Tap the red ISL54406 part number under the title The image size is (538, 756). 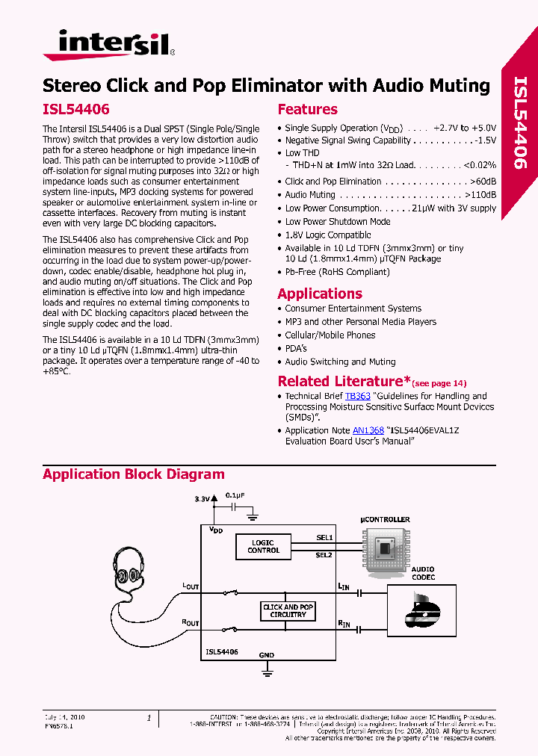(x=76, y=109)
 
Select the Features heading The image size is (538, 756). (x=307, y=109)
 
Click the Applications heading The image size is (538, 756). (x=320, y=294)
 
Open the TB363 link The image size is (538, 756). (x=357, y=396)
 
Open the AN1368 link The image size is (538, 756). (x=368, y=430)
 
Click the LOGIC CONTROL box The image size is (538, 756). (x=264, y=547)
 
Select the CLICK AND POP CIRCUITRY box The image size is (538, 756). (x=288, y=611)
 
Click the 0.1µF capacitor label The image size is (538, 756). (x=236, y=495)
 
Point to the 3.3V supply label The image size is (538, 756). (x=202, y=498)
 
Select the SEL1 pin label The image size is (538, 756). (x=324, y=537)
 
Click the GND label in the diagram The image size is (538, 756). (x=267, y=655)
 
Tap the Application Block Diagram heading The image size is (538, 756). (x=133, y=474)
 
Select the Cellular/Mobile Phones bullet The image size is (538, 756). (x=330, y=335)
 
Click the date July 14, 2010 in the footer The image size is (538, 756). (x=65, y=717)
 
